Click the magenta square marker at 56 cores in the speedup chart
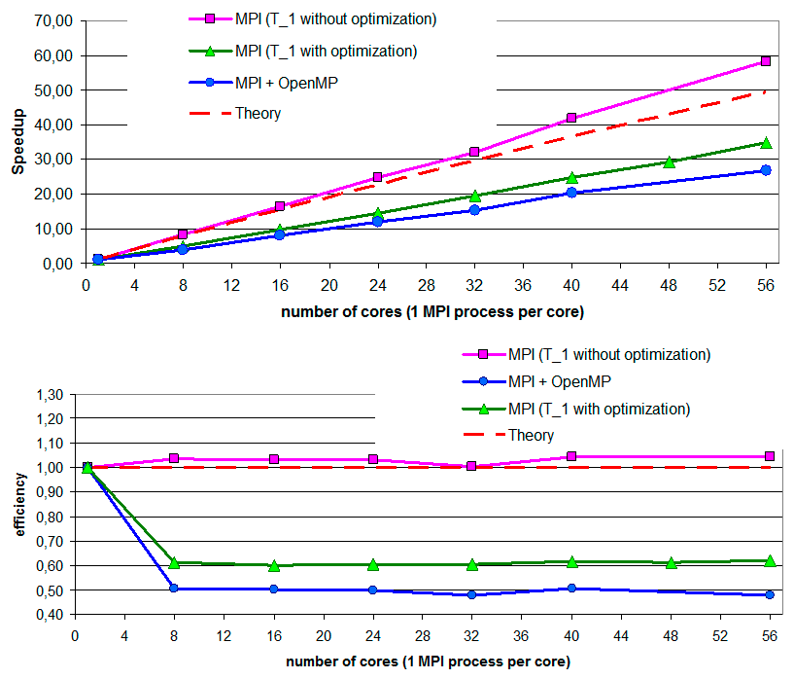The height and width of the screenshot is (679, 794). [x=766, y=61]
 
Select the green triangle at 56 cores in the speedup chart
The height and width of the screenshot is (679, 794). [x=766, y=143]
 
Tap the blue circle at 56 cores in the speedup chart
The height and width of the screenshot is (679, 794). [x=766, y=170]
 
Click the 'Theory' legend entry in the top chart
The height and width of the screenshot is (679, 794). [x=258, y=114]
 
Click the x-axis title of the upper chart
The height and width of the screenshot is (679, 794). [x=432, y=312]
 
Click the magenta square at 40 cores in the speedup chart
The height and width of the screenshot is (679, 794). [x=571, y=118]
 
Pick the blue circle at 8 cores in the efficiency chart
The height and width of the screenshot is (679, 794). [x=174, y=589]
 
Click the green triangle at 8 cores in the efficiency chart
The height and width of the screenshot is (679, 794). [x=174, y=563]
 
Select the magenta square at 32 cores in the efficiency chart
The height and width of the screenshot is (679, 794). [x=472, y=466]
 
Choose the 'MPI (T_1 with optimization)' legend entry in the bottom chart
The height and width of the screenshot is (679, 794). [x=598, y=408]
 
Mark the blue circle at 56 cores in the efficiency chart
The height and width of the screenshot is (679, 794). [x=770, y=594]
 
